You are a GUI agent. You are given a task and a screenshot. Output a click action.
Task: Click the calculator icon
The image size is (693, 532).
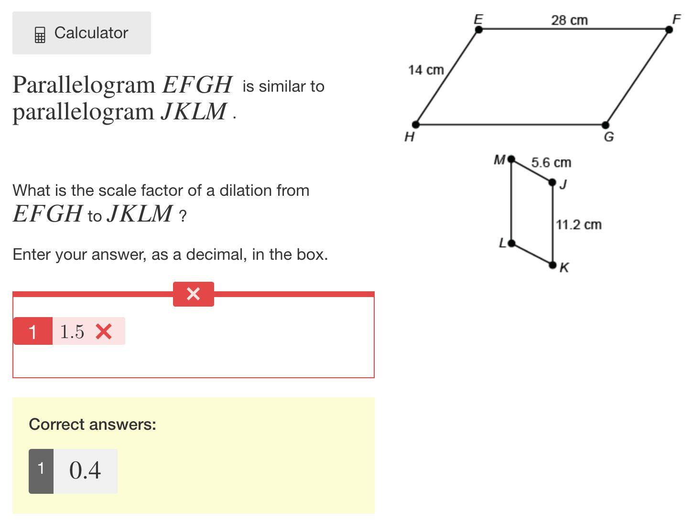click(40, 35)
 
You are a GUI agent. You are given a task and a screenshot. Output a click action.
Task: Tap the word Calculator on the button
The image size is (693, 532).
click(91, 33)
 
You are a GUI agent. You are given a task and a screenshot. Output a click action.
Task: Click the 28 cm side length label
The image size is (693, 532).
click(569, 21)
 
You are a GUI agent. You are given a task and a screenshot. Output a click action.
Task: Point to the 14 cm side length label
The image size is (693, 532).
click(426, 70)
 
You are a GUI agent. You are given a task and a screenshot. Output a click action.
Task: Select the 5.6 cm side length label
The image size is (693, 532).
click(551, 162)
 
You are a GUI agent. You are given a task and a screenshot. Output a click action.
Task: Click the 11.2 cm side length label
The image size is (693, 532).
click(578, 224)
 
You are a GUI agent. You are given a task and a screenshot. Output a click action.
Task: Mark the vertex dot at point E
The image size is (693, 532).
click(479, 30)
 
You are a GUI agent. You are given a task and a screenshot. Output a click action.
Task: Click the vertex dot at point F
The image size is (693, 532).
click(669, 30)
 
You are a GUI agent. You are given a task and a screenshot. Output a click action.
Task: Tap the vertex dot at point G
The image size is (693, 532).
click(605, 125)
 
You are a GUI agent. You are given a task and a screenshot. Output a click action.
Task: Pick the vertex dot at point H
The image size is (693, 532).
click(416, 124)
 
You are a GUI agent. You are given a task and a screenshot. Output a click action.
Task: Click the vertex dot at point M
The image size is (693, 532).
click(511, 159)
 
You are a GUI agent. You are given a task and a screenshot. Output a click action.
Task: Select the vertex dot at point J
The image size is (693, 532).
click(552, 182)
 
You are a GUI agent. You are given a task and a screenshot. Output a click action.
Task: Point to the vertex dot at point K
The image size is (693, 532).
click(552, 265)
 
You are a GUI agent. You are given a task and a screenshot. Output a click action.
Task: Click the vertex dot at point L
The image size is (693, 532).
click(511, 244)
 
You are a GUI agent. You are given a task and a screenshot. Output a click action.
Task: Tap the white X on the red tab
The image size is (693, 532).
click(193, 294)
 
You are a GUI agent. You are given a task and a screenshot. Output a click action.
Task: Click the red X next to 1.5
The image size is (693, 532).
click(104, 331)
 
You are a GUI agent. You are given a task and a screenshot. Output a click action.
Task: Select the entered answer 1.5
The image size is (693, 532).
click(72, 331)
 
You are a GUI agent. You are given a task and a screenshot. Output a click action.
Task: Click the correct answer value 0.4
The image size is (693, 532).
click(85, 470)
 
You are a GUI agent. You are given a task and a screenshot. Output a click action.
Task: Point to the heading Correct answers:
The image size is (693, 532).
click(93, 425)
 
